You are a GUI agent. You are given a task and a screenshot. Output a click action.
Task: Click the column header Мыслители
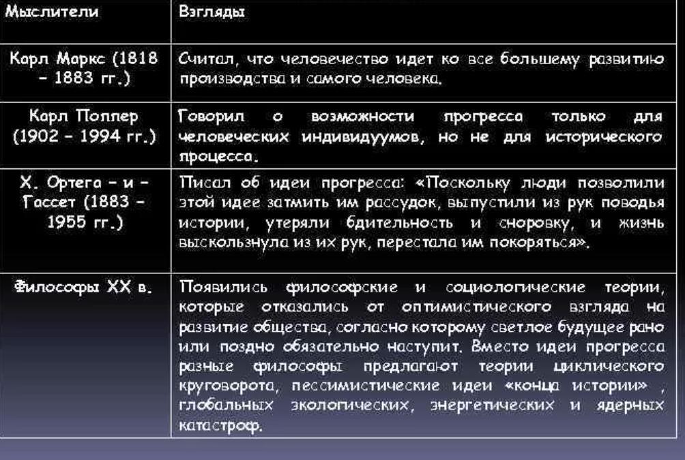pos(52,12)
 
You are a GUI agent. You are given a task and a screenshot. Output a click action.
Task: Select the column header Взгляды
pos(212,12)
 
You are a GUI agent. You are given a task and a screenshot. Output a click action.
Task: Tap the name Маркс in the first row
pos(81,59)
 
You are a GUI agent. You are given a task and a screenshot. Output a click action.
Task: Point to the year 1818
pos(135,59)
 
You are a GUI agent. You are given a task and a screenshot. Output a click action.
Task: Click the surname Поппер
pos(107,117)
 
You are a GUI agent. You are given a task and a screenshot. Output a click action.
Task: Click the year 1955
pos(67,222)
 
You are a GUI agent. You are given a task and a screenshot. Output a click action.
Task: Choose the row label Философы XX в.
pos(83,287)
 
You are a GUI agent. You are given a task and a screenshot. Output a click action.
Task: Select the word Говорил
pos(212,117)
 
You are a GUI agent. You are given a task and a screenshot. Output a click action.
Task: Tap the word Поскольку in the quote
pos(463,183)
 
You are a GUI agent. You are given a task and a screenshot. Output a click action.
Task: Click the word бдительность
pos(399,223)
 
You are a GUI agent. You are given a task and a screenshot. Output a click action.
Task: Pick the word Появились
pos(223,287)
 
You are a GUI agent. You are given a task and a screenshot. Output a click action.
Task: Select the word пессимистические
pos(365,385)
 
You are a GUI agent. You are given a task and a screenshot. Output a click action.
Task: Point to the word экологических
pos(351,405)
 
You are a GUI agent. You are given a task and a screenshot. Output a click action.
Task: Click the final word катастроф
pos(220,425)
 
